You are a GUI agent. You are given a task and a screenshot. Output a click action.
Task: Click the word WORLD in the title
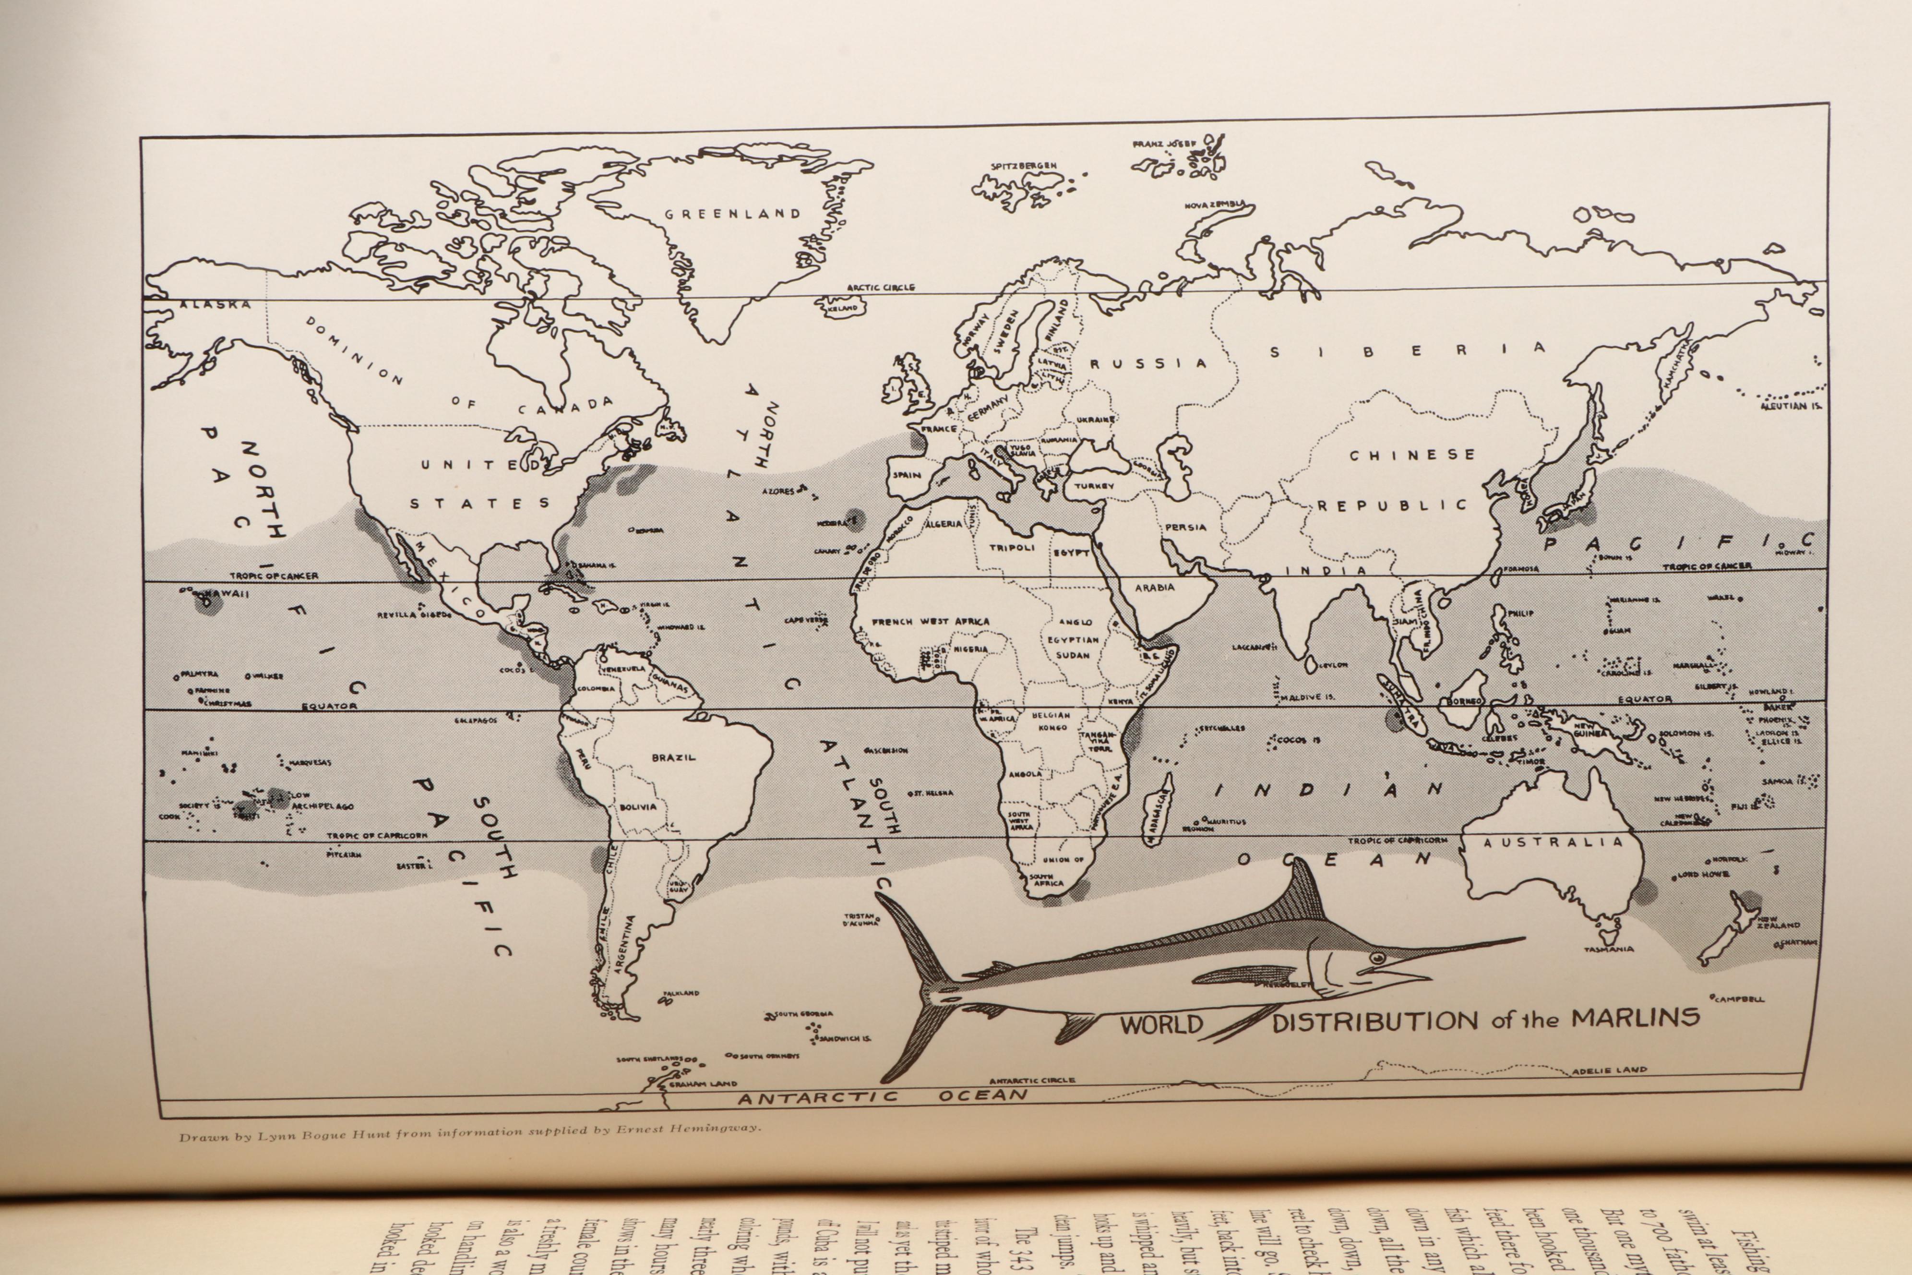pos(1161,1024)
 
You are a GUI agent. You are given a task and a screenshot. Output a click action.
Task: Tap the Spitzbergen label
pos(1024,166)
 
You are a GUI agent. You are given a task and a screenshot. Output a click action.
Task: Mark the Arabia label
pos(1154,587)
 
